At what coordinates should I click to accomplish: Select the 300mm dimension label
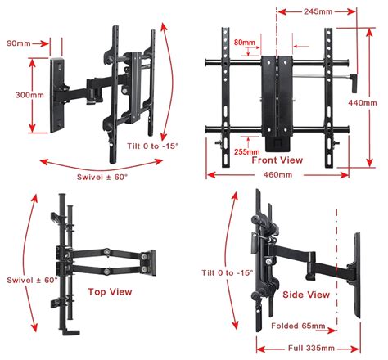tap(16, 94)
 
